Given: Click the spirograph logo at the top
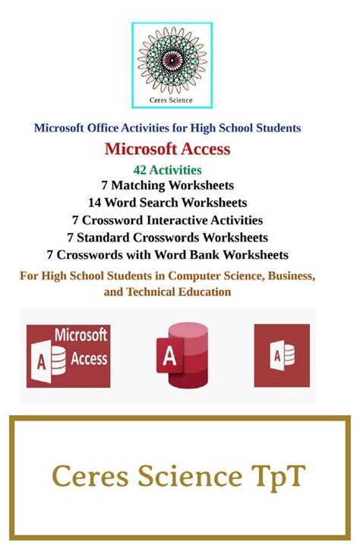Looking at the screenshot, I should pyautogui.click(x=172, y=60).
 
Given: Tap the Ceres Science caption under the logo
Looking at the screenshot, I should pyautogui.click(x=172, y=99).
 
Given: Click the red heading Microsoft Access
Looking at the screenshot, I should pyautogui.click(x=167, y=149).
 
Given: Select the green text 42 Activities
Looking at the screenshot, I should pyautogui.click(x=167, y=169).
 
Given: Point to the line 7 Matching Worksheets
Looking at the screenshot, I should pyautogui.click(x=167, y=185).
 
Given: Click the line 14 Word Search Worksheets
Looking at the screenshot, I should pyautogui.click(x=167, y=202).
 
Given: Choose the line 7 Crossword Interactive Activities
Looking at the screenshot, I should pyautogui.click(x=167, y=219).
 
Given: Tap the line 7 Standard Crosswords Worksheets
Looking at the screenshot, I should pyautogui.click(x=167, y=237).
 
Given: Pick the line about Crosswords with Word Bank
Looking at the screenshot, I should pyautogui.click(x=167, y=254).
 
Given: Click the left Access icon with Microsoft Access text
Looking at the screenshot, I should pyautogui.click(x=68, y=356).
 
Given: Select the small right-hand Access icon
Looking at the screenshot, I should pyautogui.click(x=282, y=355).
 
